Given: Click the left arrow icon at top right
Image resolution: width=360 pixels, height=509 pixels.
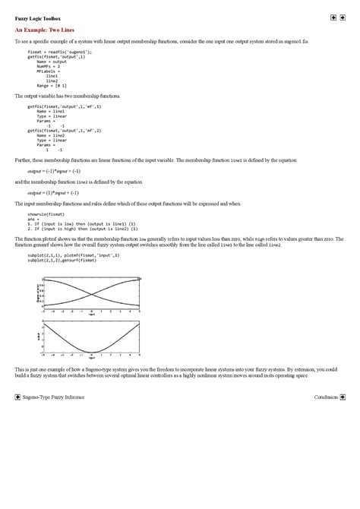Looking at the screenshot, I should click(333, 17).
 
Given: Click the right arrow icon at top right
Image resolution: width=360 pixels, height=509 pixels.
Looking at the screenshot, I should click(343, 17).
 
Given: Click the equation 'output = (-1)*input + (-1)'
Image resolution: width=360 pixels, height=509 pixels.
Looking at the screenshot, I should click(47, 172).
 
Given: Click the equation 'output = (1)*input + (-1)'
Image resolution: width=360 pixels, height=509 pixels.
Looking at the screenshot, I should click(46, 193).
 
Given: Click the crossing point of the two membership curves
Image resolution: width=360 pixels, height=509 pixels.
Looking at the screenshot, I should click(91, 292).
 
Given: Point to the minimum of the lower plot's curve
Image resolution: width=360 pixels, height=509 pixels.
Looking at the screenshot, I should click(91, 353).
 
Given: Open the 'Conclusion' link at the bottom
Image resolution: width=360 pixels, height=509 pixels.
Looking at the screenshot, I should click(326, 397).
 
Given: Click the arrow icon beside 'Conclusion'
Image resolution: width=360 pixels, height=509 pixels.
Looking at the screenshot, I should click(343, 397).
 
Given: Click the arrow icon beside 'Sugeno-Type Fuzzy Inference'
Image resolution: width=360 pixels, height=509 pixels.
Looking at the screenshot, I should click(17, 397).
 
